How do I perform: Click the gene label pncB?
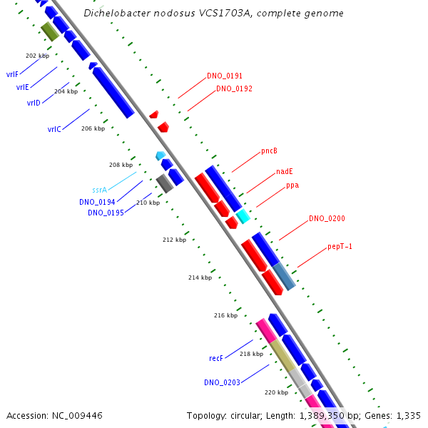(x=269, y=151)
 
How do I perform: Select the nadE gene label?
(x=284, y=171)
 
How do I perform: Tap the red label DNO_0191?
(x=225, y=76)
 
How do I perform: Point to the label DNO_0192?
(x=234, y=89)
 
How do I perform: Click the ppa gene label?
(x=292, y=185)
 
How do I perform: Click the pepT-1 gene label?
(x=340, y=246)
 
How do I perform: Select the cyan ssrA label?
(x=99, y=190)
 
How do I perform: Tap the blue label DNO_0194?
(x=97, y=202)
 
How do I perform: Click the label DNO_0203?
(x=221, y=382)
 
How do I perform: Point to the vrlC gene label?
(x=54, y=129)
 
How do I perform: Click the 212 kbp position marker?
(x=174, y=240)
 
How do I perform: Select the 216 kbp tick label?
(x=225, y=315)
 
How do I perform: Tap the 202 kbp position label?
(x=37, y=56)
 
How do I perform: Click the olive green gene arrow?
(x=49, y=31)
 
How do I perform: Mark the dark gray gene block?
(x=165, y=183)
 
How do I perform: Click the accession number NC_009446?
(x=54, y=415)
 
